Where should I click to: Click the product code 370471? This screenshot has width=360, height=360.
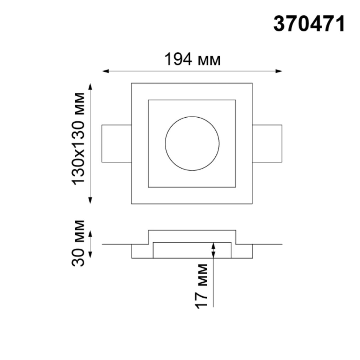coord(309,24)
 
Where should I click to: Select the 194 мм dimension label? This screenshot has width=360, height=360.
coord(192,60)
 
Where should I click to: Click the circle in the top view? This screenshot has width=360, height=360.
coord(192,143)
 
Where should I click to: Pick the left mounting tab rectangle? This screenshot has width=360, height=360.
coord(117,143)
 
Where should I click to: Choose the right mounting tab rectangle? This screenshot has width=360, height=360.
coord(267,143)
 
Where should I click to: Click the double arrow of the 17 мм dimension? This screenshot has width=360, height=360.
coord(213,250)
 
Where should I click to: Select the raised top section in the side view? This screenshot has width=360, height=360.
coord(192,236)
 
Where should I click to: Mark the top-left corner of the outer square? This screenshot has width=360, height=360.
coord(132,83)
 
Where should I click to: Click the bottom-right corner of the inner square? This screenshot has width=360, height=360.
coord(235,187)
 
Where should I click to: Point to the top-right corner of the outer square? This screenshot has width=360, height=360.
coord(252,83)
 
